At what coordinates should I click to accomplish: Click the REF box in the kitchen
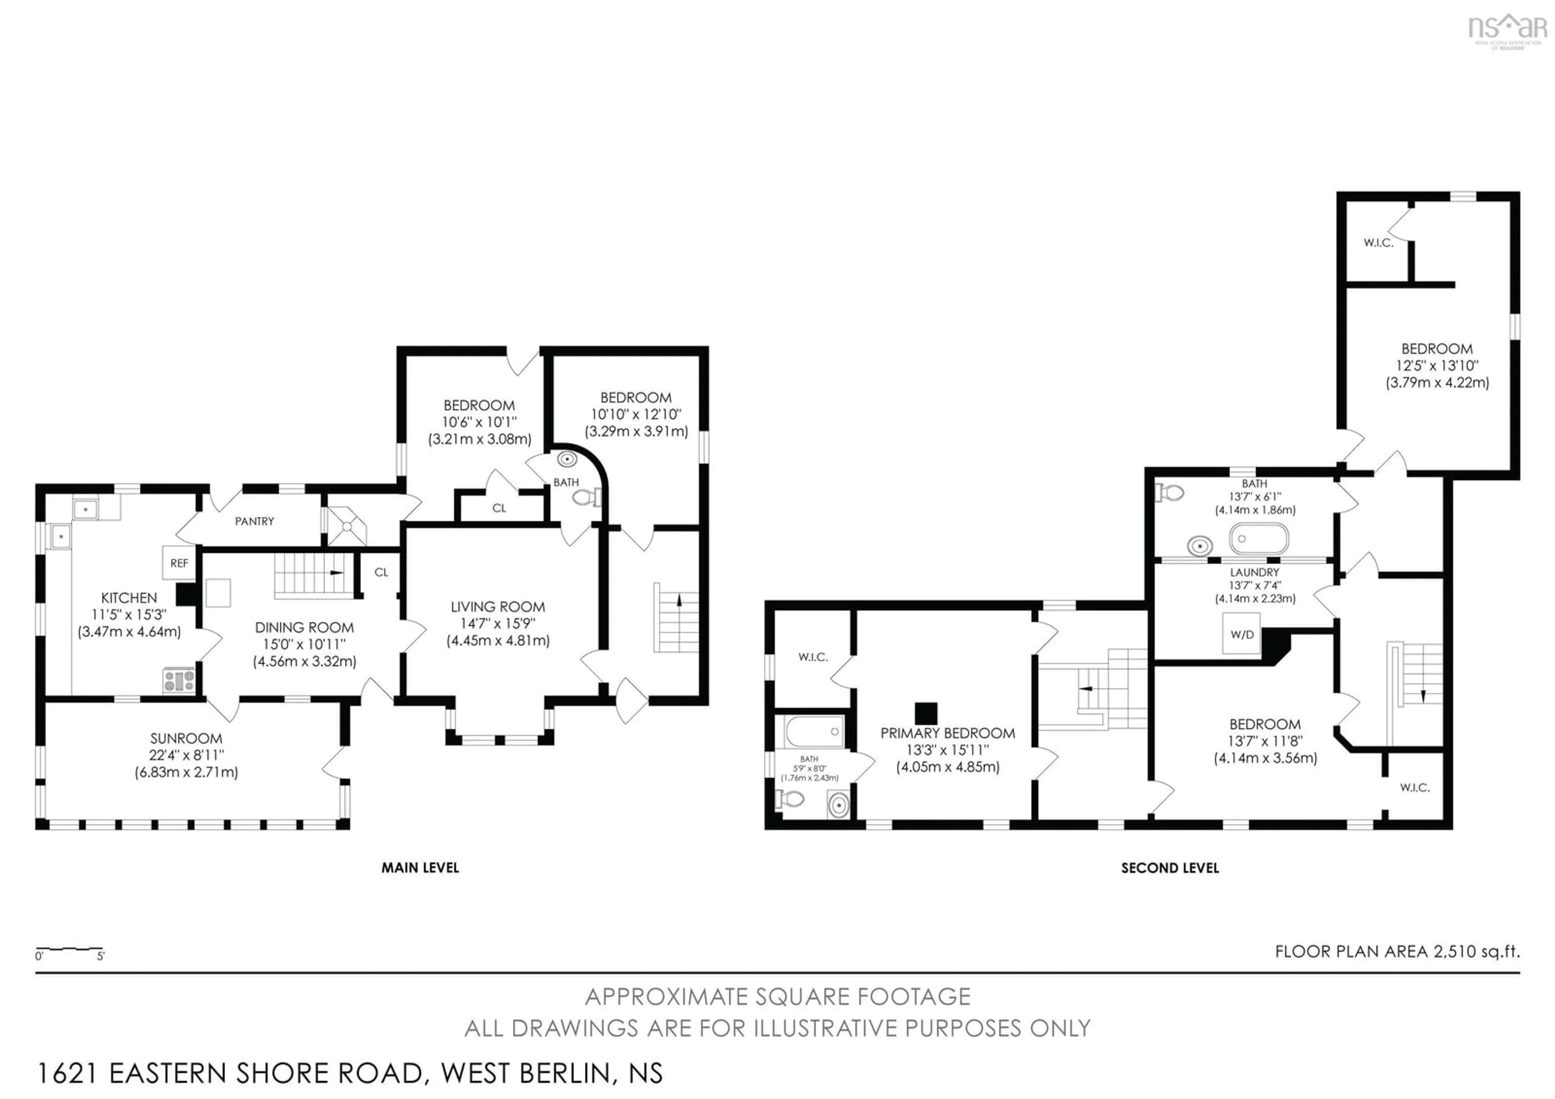point(179,563)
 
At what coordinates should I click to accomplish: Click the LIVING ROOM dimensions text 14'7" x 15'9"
point(497,623)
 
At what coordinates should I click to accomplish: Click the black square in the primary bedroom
point(925,713)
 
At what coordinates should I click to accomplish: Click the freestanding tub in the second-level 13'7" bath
point(1258,539)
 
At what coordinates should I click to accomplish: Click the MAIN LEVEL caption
point(420,867)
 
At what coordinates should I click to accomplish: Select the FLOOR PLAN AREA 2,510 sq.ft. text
point(1397,951)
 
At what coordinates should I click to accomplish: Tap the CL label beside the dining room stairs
point(381,572)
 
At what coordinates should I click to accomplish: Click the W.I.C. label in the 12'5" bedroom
point(1378,243)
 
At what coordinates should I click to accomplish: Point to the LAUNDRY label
point(1254,572)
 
